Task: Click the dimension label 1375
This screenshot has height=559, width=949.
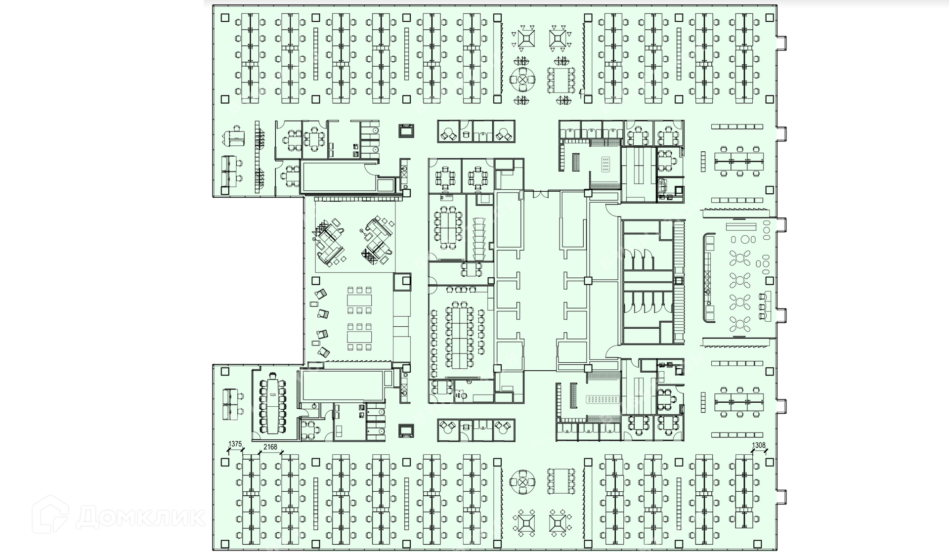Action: pyautogui.click(x=235, y=444)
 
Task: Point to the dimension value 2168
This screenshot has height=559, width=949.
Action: pyautogui.click(x=270, y=447)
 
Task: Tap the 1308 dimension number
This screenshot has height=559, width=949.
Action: pyautogui.click(x=758, y=445)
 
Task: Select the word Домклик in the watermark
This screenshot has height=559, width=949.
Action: pyautogui.click(x=140, y=517)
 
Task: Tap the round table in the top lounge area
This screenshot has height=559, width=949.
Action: pyautogui.click(x=522, y=78)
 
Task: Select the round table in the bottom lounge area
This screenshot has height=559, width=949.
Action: pyautogui.click(x=522, y=480)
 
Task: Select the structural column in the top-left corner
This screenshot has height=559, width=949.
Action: pyautogui.click(x=225, y=18)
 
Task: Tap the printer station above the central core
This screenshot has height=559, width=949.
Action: pyautogui.click(x=406, y=130)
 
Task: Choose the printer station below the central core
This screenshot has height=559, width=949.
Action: pyautogui.click(x=406, y=430)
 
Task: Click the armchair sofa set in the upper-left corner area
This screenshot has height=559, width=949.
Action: pyautogui.click(x=235, y=136)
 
